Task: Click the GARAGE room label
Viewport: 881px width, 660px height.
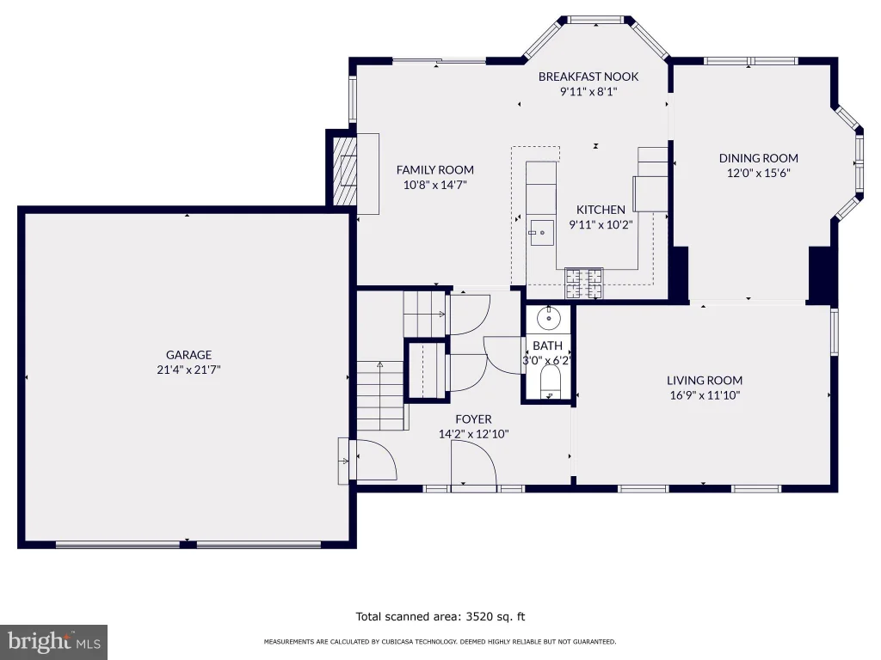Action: [188, 355]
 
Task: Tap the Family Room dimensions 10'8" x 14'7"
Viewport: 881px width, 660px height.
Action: [434, 185]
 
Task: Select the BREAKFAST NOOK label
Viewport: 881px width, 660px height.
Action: [588, 76]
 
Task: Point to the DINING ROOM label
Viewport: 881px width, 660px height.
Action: [759, 158]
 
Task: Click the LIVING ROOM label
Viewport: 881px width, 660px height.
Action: [705, 380]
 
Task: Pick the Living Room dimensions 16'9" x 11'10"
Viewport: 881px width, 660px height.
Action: [705, 395]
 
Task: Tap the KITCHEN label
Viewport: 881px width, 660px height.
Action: [601, 210]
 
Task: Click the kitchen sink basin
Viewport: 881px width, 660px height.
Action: [542, 233]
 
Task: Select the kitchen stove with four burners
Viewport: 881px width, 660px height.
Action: [584, 284]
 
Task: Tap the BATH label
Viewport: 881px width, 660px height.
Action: [548, 345]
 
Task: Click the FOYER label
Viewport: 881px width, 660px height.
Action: [474, 419]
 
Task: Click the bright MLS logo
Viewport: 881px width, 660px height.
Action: [54, 642]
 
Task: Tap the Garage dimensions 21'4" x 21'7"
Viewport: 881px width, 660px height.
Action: [188, 370]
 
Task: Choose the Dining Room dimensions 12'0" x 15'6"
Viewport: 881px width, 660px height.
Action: [759, 173]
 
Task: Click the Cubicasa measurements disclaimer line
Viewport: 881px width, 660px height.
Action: [440, 641]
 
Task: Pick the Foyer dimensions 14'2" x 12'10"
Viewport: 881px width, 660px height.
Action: [474, 434]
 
